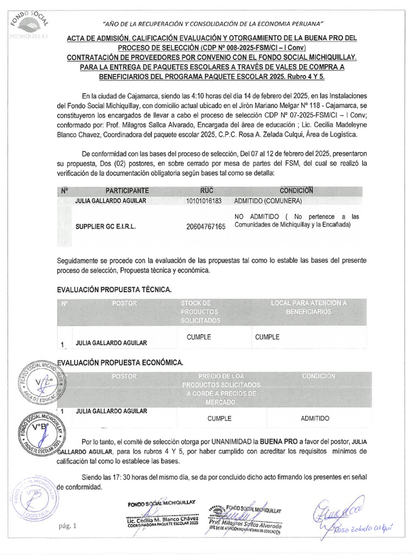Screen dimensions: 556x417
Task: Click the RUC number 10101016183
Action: click(x=204, y=201)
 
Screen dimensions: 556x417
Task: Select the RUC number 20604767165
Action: click(x=205, y=226)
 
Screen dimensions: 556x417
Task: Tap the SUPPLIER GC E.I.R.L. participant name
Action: click(x=105, y=226)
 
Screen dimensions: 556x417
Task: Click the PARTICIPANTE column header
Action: click(x=127, y=191)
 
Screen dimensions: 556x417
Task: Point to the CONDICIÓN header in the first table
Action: click(x=296, y=190)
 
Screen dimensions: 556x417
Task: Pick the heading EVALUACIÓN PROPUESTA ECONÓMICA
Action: click(x=120, y=362)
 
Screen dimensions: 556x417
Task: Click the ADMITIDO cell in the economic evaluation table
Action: click(x=315, y=419)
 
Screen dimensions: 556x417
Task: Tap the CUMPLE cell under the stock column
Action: click(x=199, y=337)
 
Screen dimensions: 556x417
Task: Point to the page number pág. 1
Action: click(x=68, y=526)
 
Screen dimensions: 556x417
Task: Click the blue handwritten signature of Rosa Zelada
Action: click(x=347, y=516)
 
